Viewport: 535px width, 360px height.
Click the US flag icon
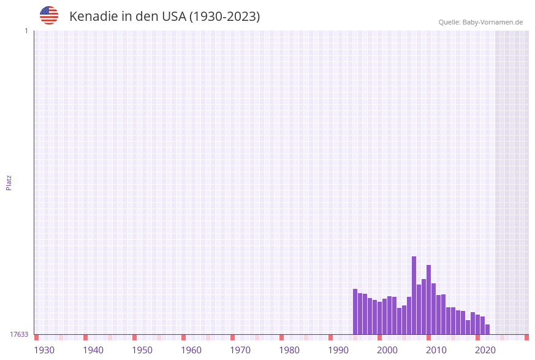click(49, 15)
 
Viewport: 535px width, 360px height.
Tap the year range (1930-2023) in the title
click(224, 17)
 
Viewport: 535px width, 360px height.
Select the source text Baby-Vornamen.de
click(492, 22)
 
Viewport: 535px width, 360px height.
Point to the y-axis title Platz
click(9, 183)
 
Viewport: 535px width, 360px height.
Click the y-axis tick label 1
click(26, 31)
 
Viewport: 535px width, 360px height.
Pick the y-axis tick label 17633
click(19, 334)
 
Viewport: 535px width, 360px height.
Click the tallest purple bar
click(414, 295)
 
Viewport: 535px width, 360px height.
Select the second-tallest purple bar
click(429, 299)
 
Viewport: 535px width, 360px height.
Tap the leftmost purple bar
click(355, 312)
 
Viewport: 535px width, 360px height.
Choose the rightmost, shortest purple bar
click(488, 329)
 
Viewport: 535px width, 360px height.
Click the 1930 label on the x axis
click(44, 350)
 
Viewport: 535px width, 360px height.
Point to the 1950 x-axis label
click(142, 350)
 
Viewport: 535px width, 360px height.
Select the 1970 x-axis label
click(240, 350)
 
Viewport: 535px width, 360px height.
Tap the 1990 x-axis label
click(338, 350)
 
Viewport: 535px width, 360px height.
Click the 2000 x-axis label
click(387, 350)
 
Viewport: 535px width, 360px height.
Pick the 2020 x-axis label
click(485, 350)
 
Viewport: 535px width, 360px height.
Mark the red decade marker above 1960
click(184, 337)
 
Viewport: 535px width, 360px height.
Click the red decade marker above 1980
click(282, 337)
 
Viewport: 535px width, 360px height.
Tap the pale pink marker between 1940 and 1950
click(110, 337)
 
